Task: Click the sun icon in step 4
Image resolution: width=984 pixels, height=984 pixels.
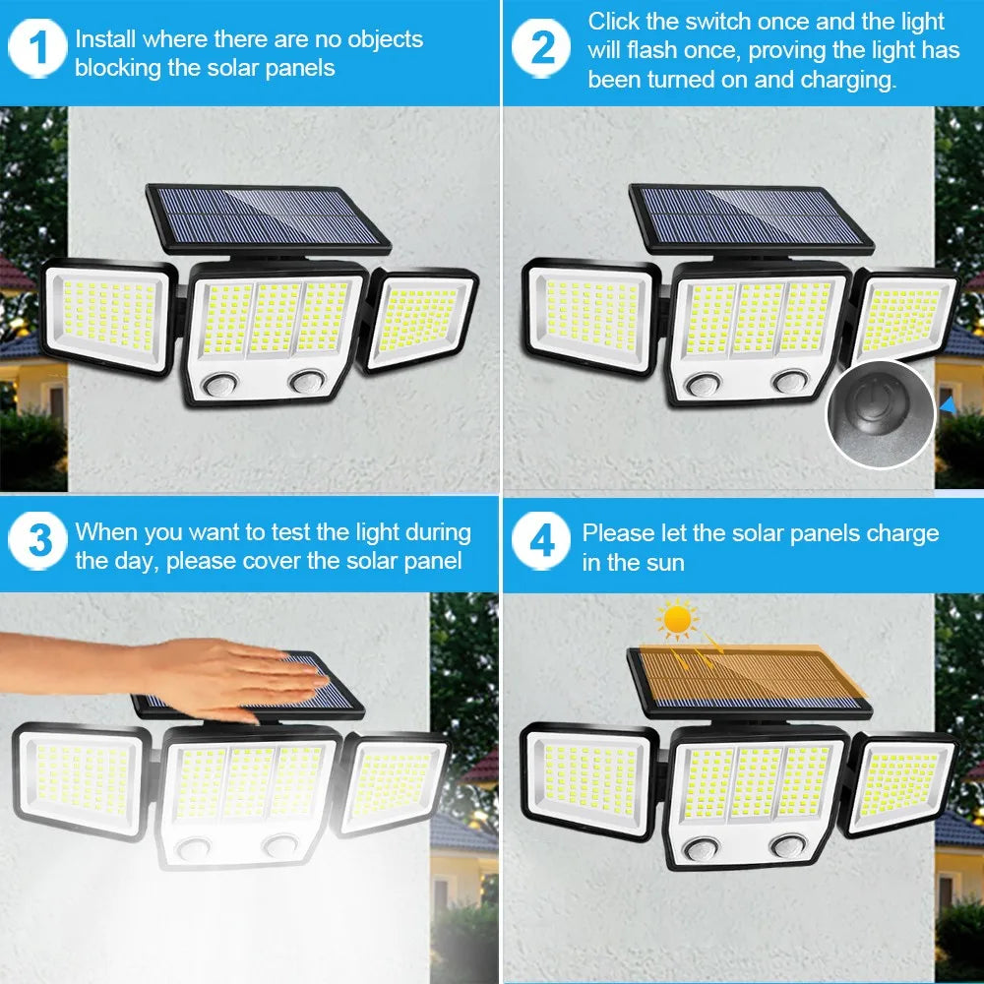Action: coord(678,620)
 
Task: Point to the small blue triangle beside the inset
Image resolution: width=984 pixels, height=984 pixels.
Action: coord(947,403)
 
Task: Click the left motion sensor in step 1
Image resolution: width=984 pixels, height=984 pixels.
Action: coord(223,382)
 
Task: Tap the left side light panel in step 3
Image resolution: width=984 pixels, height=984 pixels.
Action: coord(84,779)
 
